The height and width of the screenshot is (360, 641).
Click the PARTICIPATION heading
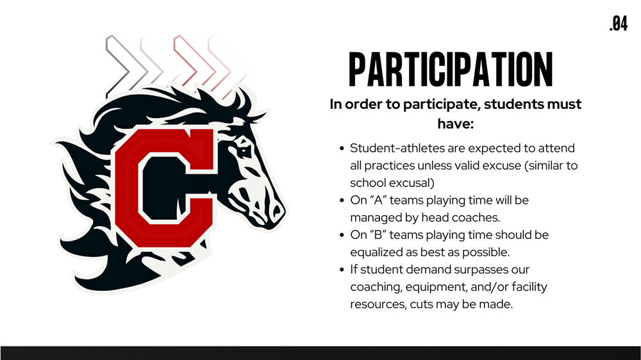pyautogui.click(x=451, y=69)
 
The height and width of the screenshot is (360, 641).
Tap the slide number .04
pyautogui.click(x=618, y=24)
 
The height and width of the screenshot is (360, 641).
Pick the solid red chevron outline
pyautogui.click(x=186, y=61)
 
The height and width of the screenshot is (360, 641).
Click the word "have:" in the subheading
pyautogui.click(x=455, y=124)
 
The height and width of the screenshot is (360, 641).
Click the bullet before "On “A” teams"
pyautogui.click(x=342, y=200)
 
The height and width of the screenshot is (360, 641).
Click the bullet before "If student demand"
pyautogui.click(x=342, y=270)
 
